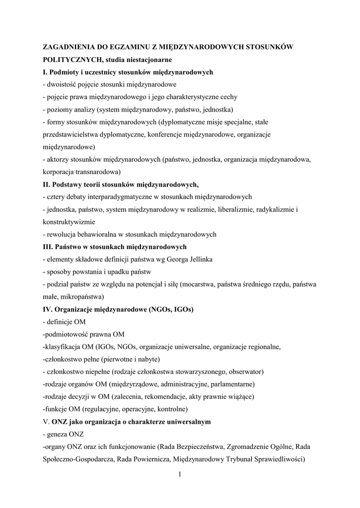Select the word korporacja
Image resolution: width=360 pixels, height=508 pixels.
coord(61,172)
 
